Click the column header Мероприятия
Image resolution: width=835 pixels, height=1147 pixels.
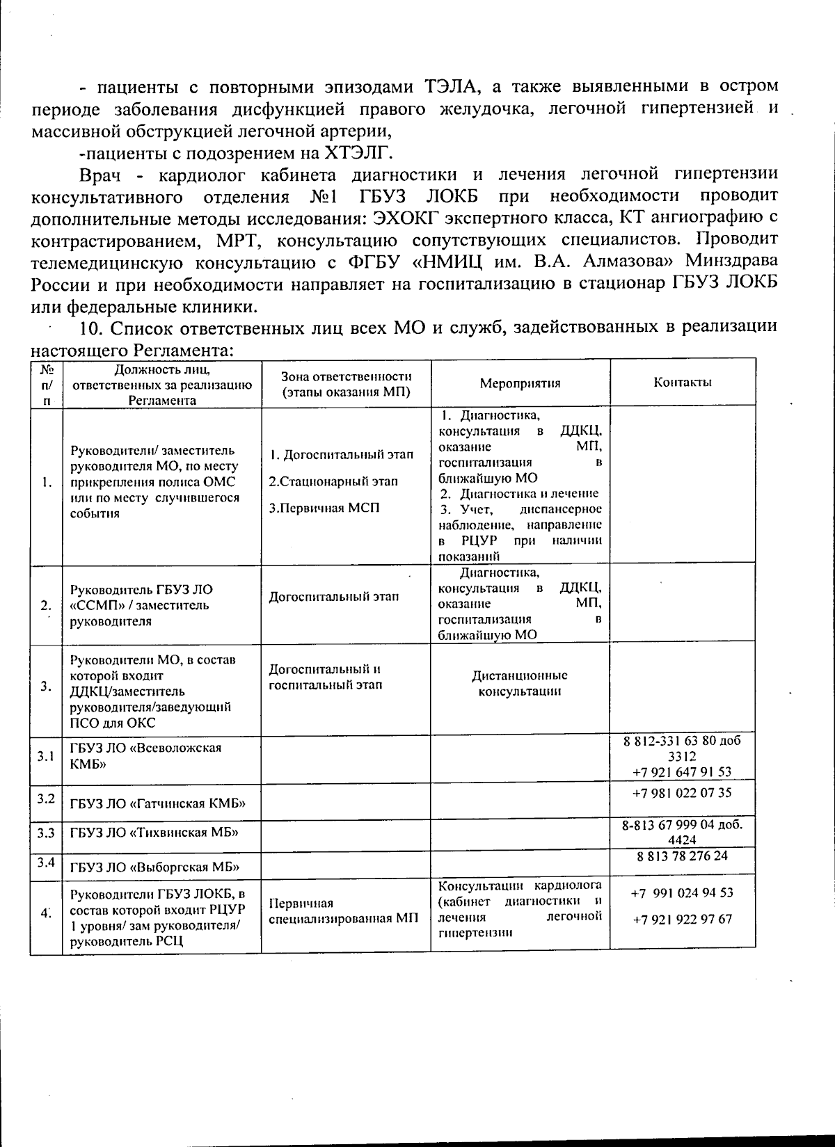pyautogui.click(x=520, y=383)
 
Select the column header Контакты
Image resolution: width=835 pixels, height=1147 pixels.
pyautogui.click(x=682, y=383)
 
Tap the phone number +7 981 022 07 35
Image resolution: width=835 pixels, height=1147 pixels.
pyautogui.click(x=682, y=792)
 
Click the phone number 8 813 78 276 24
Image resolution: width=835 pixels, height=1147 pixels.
pyautogui.click(x=682, y=856)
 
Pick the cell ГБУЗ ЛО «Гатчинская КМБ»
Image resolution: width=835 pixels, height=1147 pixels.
pyautogui.click(x=158, y=804)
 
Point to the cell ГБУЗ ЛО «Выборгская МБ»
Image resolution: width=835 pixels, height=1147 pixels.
pyautogui.click(x=154, y=867)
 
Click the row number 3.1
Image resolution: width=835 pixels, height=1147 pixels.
pyautogui.click(x=46, y=756)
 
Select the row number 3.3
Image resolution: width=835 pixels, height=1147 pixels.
pyautogui.click(x=46, y=832)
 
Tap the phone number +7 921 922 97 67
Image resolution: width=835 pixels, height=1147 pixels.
pyautogui.click(x=682, y=919)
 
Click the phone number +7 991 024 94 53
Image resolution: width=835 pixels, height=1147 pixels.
pyautogui.click(x=682, y=892)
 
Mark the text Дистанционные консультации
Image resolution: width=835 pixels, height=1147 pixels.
pyautogui.click(x=520, y=683)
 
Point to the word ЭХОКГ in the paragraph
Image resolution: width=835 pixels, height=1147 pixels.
pyautogui.click(x=406, y=218)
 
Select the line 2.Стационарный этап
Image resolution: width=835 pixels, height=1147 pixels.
pyautogui.click(x=324, y=481)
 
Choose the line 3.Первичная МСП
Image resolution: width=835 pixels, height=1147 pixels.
pyautogui.click(x=324, y=508)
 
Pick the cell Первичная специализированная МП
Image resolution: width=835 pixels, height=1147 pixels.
pyautogui.click(x=344, y=911)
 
